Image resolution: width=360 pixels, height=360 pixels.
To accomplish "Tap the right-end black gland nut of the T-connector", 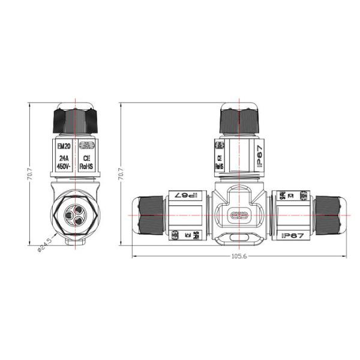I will (331, 214).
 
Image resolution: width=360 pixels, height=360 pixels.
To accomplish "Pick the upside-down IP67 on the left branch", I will (187, 195).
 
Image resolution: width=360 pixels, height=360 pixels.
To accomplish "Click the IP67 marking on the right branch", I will (292, 235).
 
